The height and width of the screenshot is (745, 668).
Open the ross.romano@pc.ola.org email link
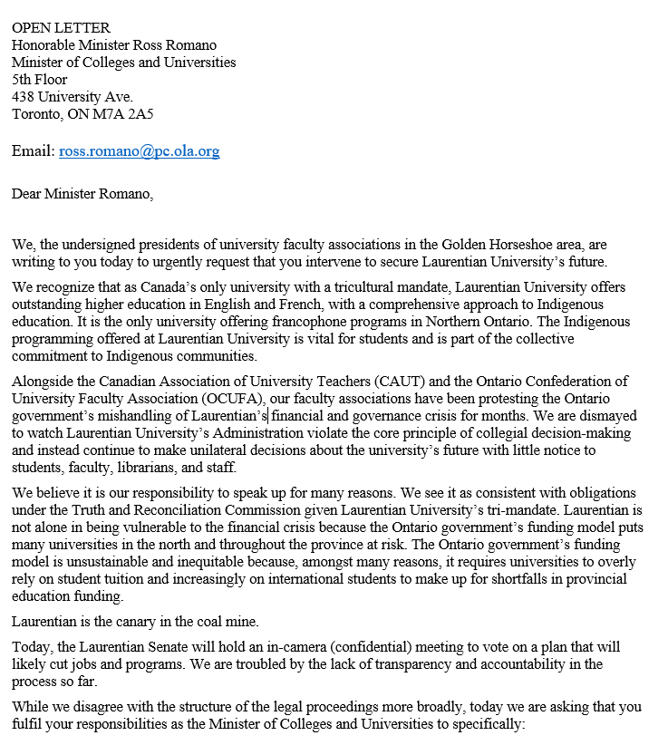(139, 151)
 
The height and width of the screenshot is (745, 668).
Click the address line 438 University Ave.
(72, 97)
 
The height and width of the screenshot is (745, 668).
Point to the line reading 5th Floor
(40, 80)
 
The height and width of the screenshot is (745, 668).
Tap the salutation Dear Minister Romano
(82, 193)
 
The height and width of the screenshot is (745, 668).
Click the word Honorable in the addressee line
(44, 45)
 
